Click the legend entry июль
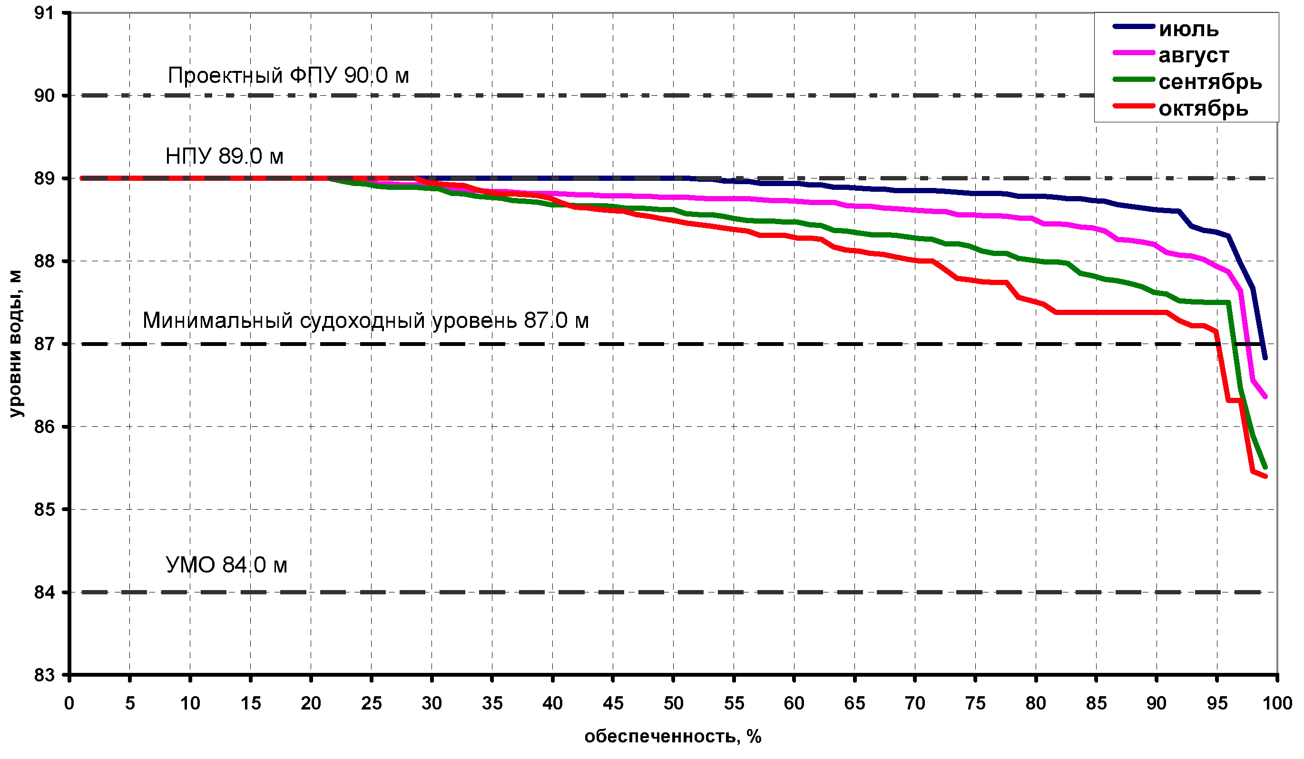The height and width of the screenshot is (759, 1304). (1188, 29)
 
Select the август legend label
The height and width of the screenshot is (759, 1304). (1193, 55)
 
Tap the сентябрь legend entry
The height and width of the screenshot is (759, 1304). (1210, 82)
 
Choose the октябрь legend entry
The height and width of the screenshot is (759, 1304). (1203, 108)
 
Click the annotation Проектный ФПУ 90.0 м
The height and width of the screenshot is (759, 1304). (288, 76)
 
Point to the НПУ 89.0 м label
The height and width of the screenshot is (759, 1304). (224, 156)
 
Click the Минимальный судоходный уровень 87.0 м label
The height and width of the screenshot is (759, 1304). (365, 320)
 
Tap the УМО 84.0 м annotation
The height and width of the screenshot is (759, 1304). (226, 564)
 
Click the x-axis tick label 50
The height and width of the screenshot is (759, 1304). (673, 703)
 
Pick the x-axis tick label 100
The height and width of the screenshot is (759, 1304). (1277, 703)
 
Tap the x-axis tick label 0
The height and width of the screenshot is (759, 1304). (69, 703)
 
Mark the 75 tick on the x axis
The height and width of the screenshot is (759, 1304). (975, 703)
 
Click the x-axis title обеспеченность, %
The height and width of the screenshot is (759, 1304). (673, 736)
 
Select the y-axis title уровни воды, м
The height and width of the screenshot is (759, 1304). (17, 343)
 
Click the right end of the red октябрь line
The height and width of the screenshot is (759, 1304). (1266, 476)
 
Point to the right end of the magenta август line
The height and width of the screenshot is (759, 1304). (1266, 396)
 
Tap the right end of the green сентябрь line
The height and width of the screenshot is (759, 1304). (1266, 467)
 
